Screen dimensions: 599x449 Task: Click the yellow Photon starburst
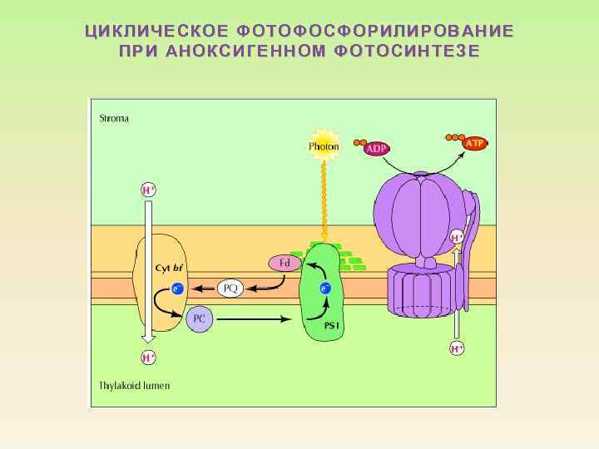[x=324, y=146]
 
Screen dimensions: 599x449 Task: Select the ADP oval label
[x=376, y=148]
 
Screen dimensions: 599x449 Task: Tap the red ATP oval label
[x=474, y=143]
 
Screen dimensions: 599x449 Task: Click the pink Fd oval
[x=285, y=263]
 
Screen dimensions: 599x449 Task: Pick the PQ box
[x=230, y=289]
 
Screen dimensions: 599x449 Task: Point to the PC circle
[x=200, y=318]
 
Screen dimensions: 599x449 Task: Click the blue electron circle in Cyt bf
[x=176, y=289]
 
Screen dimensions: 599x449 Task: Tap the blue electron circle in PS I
[x=325, y=289]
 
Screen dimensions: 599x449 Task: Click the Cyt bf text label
[x=170, y=268]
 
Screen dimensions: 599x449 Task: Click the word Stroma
[x=114, y=118]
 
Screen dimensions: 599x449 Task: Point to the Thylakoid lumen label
[x=134, y=385]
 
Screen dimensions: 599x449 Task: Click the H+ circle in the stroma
[x=148, y=190]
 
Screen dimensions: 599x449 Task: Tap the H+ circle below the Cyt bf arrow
[x=148, y=358]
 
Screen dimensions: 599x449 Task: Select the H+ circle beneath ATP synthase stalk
[x=457, y=348]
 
